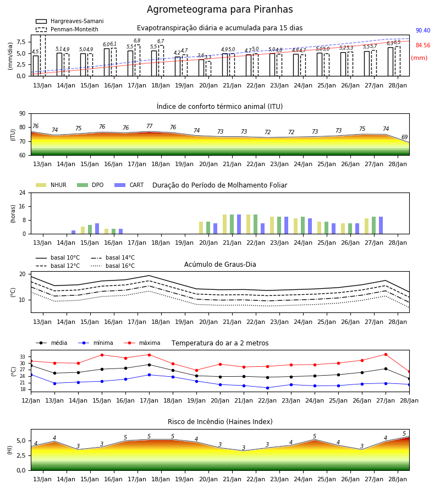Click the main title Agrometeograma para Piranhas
219,9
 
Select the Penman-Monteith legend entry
67,29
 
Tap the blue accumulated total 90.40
423,30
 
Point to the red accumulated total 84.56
423,45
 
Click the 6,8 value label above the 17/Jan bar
137,40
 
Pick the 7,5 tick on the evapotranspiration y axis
21,42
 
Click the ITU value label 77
149,126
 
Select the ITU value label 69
404,137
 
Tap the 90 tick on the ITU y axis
23,114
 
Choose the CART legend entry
129,185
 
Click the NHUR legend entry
51,185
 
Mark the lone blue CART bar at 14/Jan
74,232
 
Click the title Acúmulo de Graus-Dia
220,264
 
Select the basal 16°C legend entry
113,266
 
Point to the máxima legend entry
142,343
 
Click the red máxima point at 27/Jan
386,355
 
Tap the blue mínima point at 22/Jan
268,388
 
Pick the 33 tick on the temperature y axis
23,357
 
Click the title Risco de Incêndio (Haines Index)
220,421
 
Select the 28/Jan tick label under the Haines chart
398,479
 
